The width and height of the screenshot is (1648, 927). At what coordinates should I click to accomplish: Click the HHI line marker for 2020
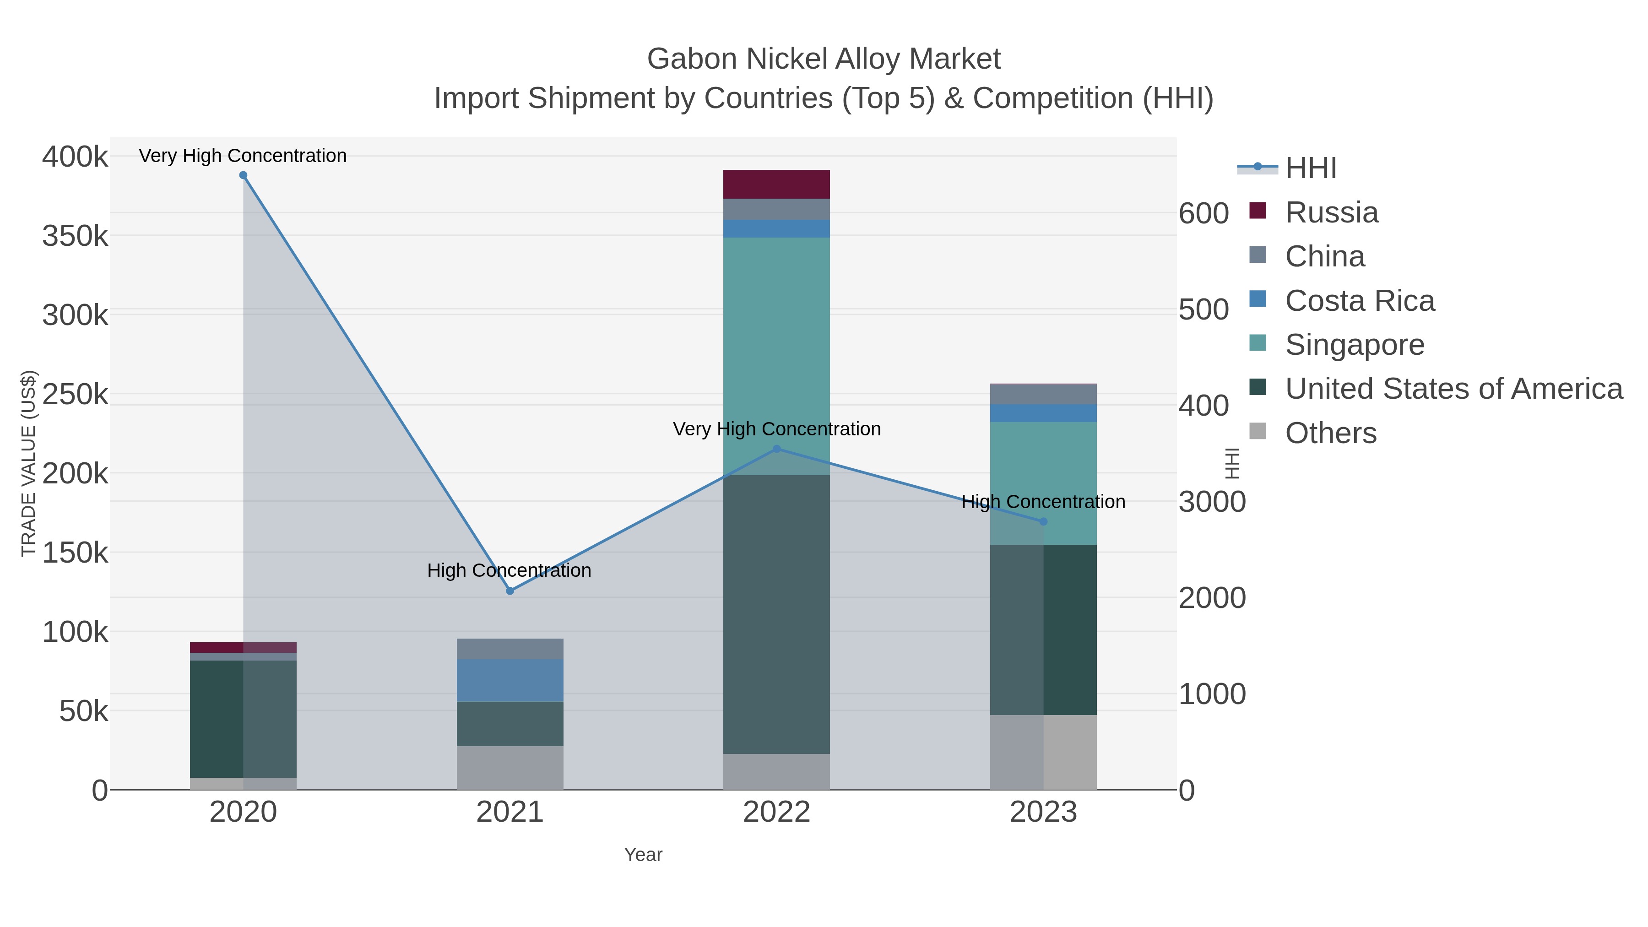tap(243, 175)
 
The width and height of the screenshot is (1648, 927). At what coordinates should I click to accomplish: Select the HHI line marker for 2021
tap(510, 591)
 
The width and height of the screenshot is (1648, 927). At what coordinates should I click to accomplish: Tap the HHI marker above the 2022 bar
tap(777, 449)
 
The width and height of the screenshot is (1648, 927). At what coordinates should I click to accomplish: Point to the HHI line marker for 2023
tap(1043, 522)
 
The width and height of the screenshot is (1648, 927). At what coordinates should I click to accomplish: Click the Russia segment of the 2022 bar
tap(777, 184)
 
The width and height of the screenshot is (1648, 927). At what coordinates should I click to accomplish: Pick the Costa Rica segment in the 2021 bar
tap(510, 681)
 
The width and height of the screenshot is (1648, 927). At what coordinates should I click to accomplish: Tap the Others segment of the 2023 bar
tap(1043, 752)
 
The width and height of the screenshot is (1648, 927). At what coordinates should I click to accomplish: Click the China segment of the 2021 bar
tap(510, 649)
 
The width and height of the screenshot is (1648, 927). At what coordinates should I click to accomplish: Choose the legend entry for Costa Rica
tap(1360, 301)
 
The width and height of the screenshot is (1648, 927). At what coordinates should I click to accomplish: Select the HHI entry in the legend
tap(1310, 168)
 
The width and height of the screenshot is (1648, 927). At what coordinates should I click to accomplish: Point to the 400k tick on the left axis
tap(75, 157)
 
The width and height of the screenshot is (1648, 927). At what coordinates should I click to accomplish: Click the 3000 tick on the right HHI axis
tap(1212, 502)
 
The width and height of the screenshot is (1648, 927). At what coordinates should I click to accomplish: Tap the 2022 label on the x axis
tap(777, 813)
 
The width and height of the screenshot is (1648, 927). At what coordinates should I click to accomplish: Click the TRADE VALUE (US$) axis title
tap(29, 463)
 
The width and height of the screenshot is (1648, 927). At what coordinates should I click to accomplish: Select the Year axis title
tap(643, 855)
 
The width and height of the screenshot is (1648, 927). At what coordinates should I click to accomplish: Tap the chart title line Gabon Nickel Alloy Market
tap(824, 59)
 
